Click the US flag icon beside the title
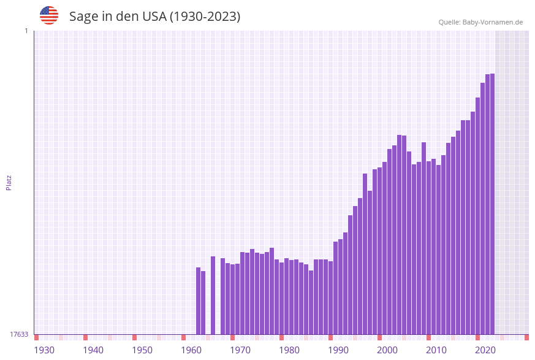(49, 15)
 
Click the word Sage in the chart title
(83, 17)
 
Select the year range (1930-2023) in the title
(204, 17)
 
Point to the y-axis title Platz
(9, 183)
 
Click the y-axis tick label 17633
(19, 334)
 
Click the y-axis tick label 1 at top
(26, 31)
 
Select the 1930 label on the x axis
(44, 350)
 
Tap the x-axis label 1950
(142, 350)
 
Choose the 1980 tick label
(289, 350)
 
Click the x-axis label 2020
(485, 350)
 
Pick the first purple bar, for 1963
(198, 301)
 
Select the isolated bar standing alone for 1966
(213, 295)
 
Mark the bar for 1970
(232, 299)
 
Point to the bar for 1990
(330, 297)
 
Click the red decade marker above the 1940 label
(85, 337)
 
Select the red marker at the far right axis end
(526, 337)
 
